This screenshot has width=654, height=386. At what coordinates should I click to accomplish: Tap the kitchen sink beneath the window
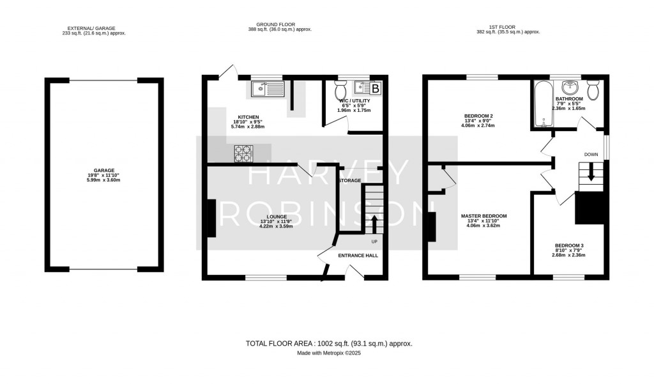[x=268, y=89]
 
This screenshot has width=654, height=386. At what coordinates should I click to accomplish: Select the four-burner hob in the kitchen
[x=243, y=153]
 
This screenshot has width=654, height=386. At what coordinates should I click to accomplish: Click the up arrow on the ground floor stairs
[x=374, y=223]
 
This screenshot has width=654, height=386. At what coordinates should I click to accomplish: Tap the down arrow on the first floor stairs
[x=591, y=172]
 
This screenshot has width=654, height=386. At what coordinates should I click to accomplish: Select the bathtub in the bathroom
[x=542, y=103]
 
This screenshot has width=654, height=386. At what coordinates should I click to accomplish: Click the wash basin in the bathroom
[x=568, y=87]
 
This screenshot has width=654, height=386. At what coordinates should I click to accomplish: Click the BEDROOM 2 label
[x=478, y=116]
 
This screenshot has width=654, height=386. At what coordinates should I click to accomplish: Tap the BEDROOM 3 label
[x=569, y=246]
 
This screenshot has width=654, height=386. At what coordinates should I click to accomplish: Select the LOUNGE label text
[x=276, y=217]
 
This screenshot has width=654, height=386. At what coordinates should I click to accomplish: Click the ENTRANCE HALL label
[x=358, y=256]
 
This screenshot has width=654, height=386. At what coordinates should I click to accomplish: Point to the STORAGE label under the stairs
[x=351, y=181]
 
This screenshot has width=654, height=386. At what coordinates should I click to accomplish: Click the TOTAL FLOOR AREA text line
[x=329, y=343]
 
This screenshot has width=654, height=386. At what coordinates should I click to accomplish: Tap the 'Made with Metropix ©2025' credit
[x=329, y=353]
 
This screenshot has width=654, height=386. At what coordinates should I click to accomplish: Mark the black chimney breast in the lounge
[x=210, y=219]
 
